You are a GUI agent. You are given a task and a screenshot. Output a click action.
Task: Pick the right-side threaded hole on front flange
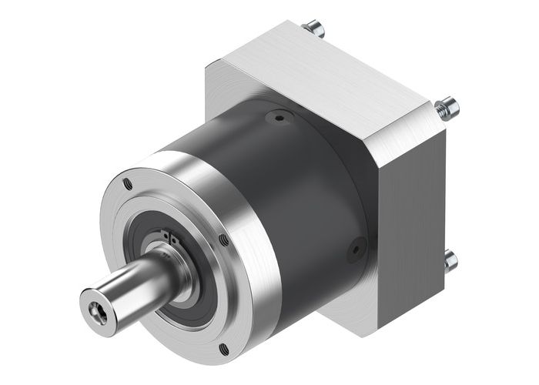pos(223,240)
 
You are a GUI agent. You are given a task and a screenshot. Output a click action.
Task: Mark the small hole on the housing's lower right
pos(356,248)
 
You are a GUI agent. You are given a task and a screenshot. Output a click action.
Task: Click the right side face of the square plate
pos(412,231)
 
